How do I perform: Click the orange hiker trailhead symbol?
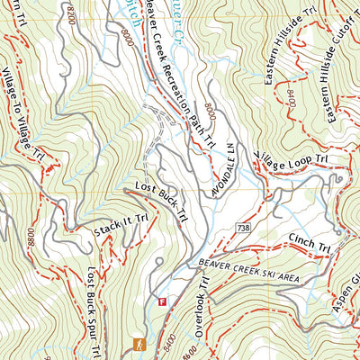pos(139,344)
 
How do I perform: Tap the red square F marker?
pos(162,301)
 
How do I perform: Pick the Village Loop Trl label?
pos(286,147)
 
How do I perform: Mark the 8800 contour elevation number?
pos(32,238)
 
